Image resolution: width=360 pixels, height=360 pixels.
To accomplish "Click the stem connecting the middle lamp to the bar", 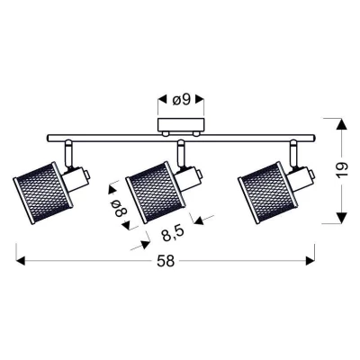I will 180,153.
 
